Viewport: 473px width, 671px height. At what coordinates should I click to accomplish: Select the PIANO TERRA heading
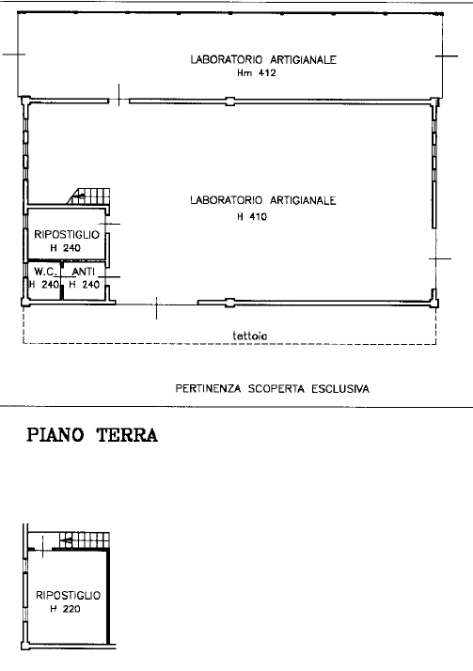coord(90,435)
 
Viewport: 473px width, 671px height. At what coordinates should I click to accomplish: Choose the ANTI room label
coord(84,272)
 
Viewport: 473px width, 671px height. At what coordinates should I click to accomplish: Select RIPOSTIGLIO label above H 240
coord(66,234)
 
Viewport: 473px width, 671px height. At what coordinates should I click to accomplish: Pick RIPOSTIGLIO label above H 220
coord(67,596)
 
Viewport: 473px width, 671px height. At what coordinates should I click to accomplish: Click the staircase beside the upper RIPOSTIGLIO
coord(88,195)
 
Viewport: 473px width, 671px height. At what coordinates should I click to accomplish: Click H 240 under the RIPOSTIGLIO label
coord(66,248)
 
